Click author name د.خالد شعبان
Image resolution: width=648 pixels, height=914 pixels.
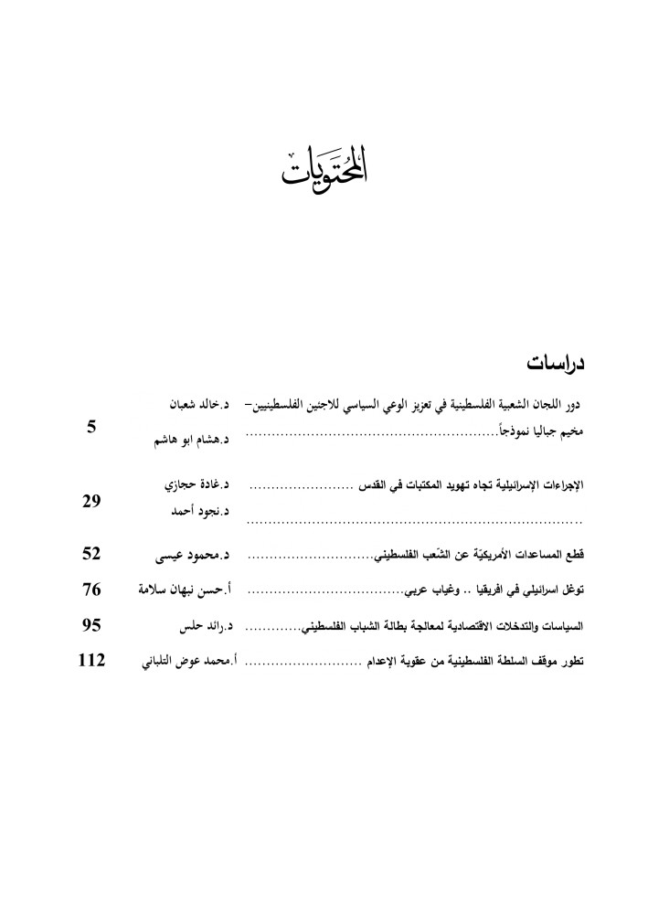[198, 403]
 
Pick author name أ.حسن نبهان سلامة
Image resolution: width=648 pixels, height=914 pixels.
[182, 590]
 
